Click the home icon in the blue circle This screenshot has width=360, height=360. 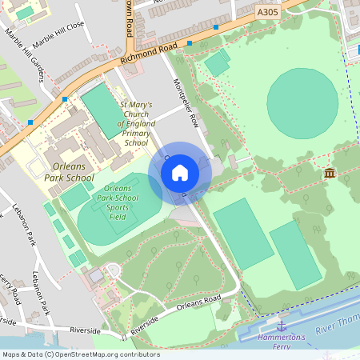179,172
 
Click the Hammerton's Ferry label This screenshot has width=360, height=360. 282,339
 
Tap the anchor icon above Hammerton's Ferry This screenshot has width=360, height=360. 281,326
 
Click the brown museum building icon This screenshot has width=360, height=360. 329,173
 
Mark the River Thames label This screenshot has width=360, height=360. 336,328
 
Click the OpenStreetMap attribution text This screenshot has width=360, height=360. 80,354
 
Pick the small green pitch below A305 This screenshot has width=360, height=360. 217,63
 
